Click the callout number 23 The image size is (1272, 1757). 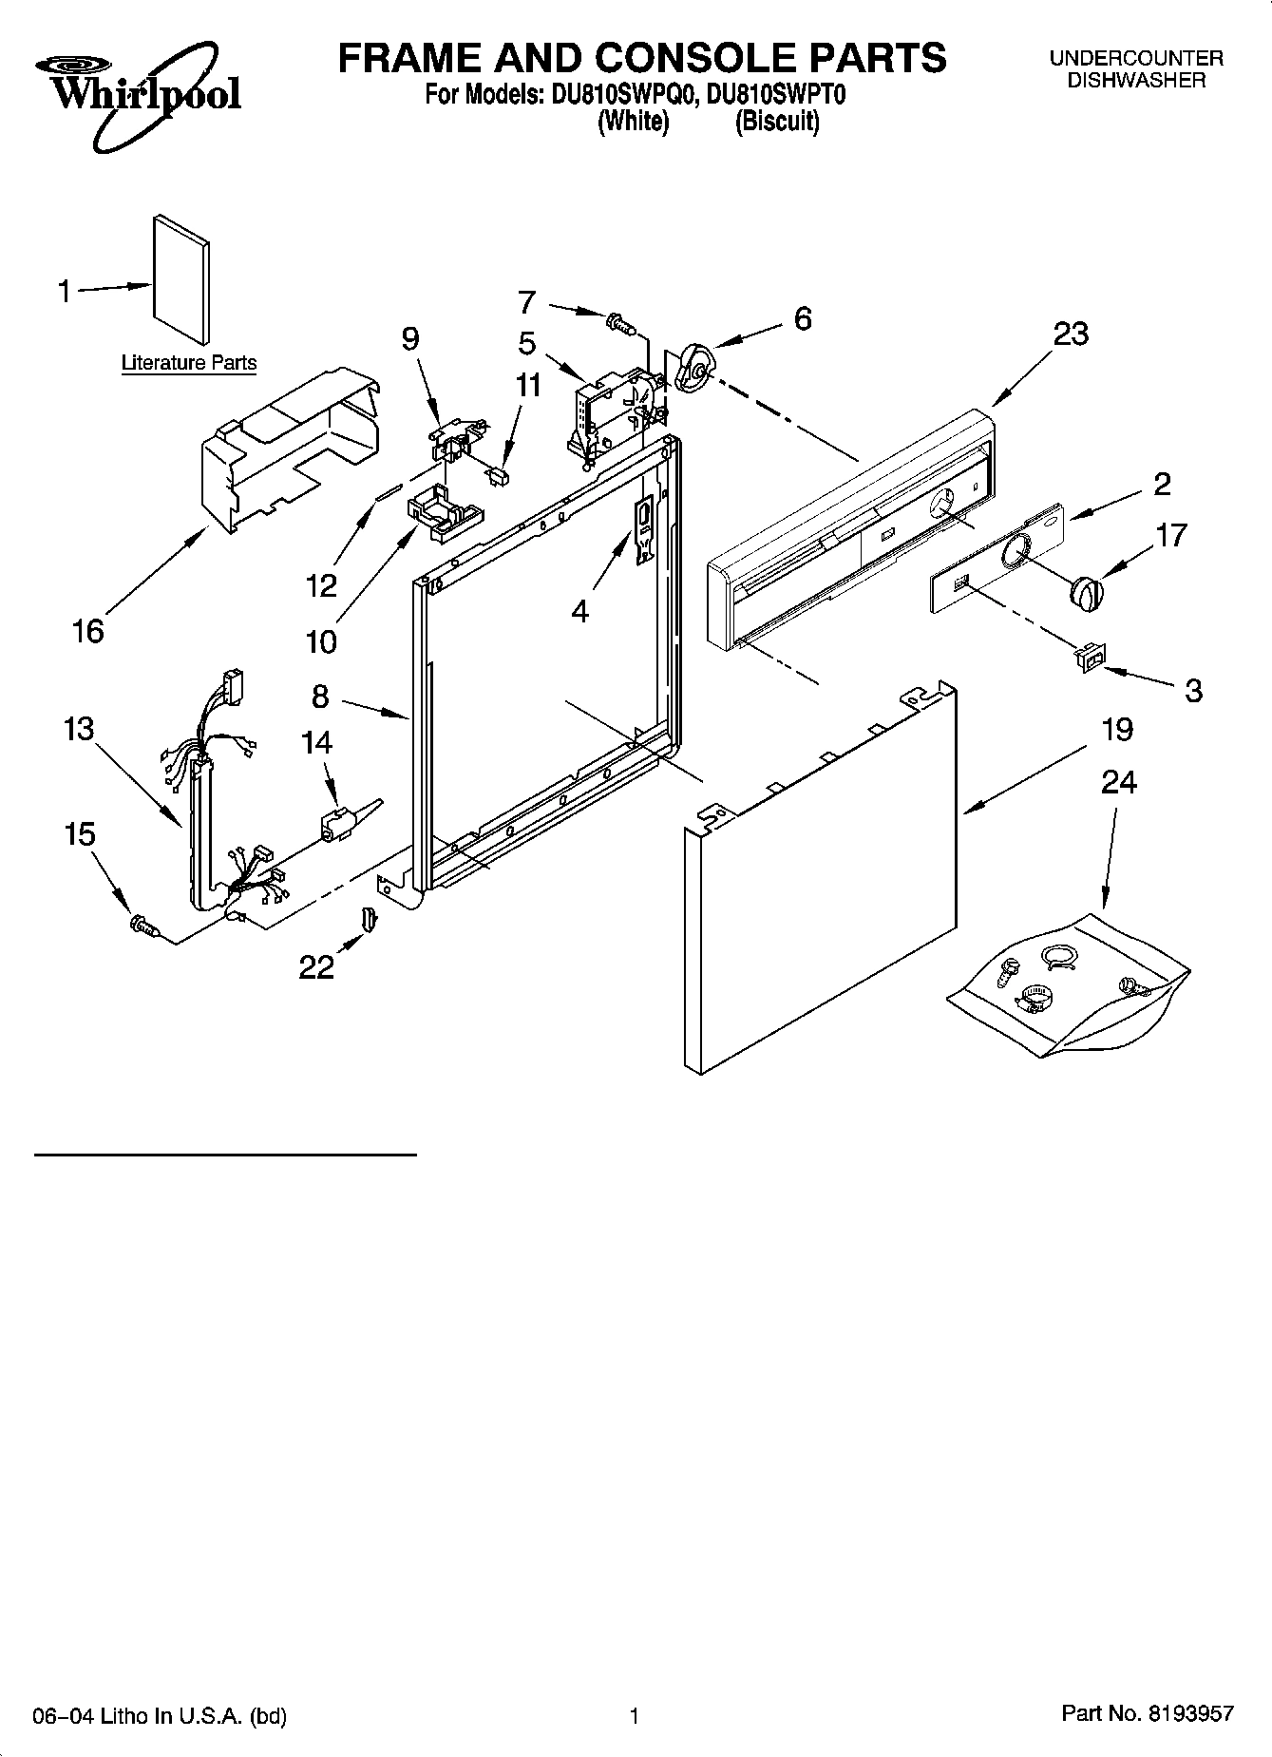tap(1071, 334)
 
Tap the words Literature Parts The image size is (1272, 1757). tap(189, 362)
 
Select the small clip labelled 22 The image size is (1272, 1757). tap(369, 920)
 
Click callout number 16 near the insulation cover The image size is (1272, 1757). tap(87, 630)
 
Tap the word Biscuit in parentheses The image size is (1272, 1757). tap(777, 122)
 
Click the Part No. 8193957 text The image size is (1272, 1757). tap(1147, 1715)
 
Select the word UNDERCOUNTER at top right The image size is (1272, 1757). tap(1136, 59)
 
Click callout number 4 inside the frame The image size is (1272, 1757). tap(579, 611)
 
